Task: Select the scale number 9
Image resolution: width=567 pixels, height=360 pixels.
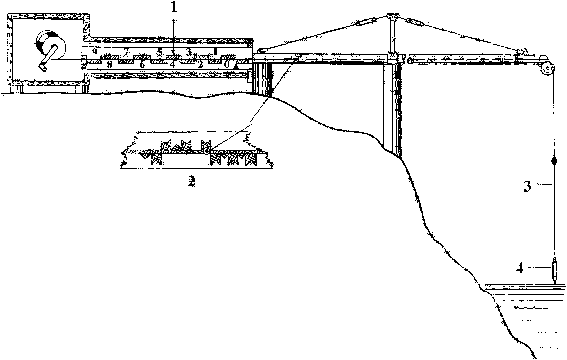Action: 95,52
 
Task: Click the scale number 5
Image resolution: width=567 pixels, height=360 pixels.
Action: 160,52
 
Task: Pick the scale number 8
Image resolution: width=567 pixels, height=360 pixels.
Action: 109,65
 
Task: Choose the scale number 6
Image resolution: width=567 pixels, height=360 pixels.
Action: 142,65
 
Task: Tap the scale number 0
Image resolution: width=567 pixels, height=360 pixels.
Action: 227,65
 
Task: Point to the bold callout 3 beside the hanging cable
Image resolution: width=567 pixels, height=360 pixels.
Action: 528,187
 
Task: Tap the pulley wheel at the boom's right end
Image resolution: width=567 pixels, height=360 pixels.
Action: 547,68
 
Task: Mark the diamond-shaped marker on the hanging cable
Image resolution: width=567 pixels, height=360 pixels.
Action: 554,161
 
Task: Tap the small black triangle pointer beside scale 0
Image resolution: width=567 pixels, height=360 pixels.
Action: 236,67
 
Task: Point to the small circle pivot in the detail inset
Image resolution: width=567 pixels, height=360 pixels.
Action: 207,151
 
